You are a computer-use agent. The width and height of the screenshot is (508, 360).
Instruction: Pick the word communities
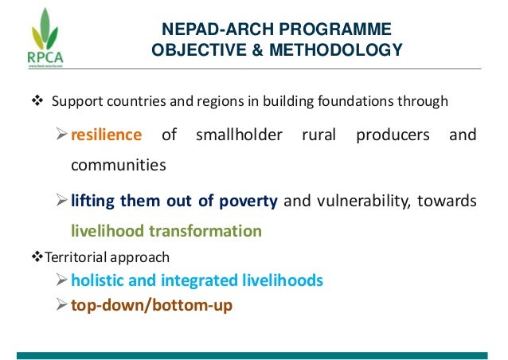pos(119,166)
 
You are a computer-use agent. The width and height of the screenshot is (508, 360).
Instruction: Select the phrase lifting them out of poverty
pos(174,201)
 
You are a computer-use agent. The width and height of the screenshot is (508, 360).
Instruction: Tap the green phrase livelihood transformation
pos(166,232)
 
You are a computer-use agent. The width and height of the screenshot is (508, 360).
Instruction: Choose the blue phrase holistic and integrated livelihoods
pos(196,280)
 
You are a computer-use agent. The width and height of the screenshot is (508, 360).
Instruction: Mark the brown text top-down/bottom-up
pos(151,304)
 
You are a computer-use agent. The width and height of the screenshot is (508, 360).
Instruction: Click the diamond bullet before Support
pos(37,102)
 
